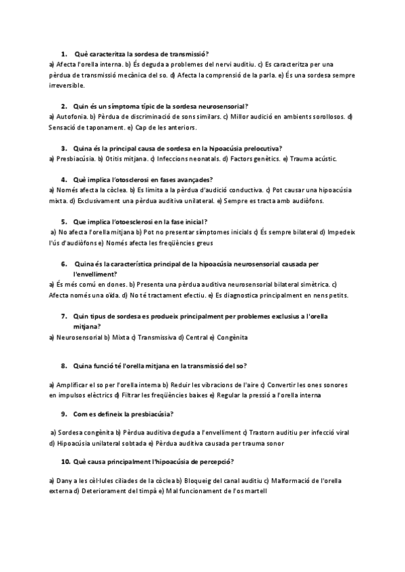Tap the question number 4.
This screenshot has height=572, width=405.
click(63, 179)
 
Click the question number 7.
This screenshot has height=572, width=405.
click(63, 316)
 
